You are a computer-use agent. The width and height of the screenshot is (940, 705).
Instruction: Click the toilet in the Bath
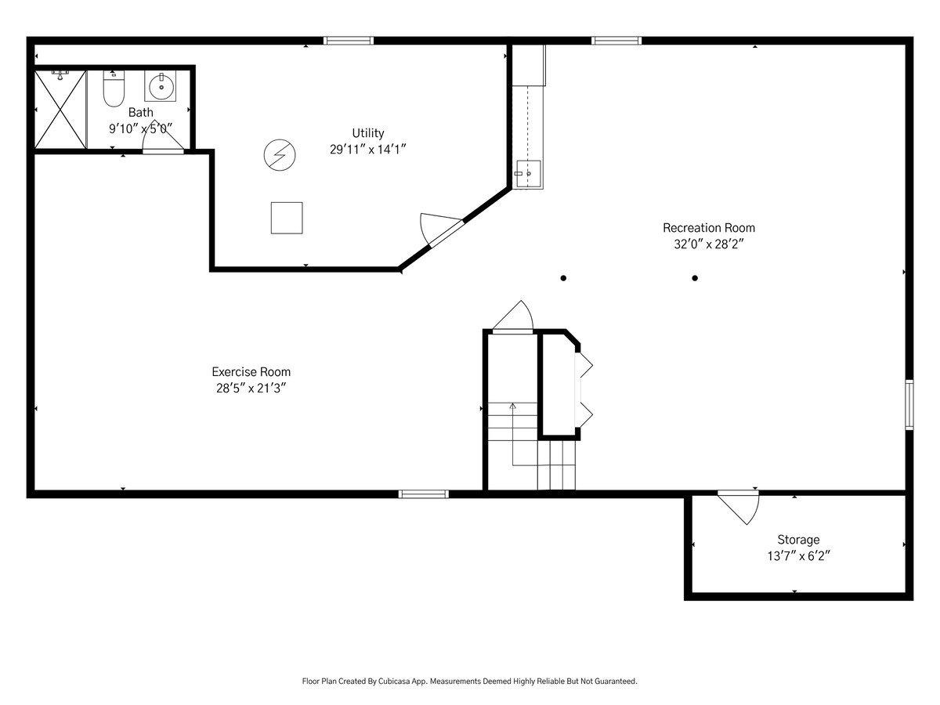[114, 89]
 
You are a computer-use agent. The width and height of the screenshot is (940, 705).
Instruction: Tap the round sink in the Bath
[161, 87]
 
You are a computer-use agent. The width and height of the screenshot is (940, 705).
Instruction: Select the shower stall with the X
[60, 110]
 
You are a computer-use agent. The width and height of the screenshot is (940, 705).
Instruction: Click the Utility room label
[368, 133]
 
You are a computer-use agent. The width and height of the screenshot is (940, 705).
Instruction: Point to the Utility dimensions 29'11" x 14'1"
[368, 150]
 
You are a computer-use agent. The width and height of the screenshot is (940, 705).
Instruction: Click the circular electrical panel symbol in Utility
[279, 154]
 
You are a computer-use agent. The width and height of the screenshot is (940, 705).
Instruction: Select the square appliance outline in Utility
[287, 218]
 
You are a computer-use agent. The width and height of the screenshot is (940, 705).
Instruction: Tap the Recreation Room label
[709, 228]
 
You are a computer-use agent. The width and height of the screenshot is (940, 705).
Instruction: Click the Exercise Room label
[251, 371]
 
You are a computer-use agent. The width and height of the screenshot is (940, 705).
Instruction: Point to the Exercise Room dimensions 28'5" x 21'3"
[251, 389]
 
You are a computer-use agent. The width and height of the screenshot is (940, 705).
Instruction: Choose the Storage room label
[798, 540]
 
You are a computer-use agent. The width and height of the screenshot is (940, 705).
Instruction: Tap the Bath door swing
[164, 136]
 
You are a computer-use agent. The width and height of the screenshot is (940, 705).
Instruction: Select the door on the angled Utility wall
[441, 230]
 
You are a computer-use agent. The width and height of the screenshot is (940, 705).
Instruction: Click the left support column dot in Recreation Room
[563, 278]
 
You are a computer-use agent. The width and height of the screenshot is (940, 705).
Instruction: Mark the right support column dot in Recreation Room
[695, 278]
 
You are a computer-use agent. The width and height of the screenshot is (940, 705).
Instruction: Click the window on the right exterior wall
[909, 404]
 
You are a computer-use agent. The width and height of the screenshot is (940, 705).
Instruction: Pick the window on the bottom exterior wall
[424, 494]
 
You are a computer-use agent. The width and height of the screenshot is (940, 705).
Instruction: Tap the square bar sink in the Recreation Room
[529, 174]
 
